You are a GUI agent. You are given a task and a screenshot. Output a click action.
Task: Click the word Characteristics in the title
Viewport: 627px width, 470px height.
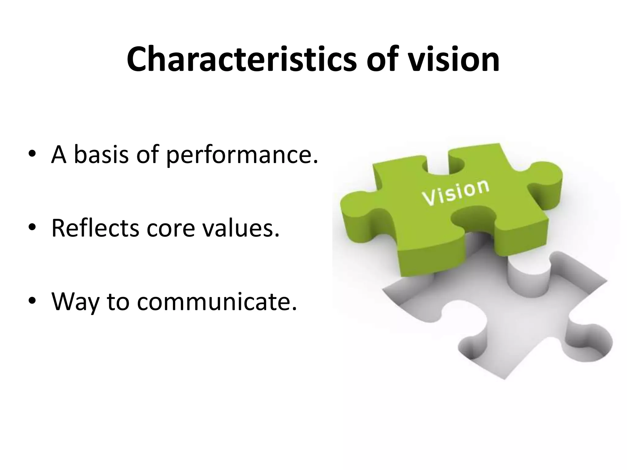pyautogui.click(x=242, y=59)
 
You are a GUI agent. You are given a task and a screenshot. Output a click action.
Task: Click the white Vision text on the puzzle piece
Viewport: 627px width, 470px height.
pyautogui.click(x=455, y=192)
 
